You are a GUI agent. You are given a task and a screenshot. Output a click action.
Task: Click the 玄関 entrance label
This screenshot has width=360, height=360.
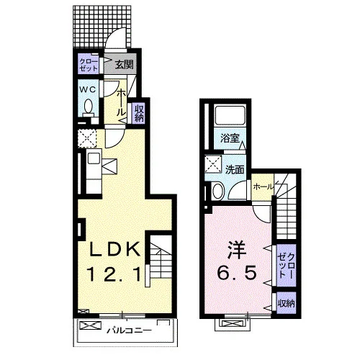124,65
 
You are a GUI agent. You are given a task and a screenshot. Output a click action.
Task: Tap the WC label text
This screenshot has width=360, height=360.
88,90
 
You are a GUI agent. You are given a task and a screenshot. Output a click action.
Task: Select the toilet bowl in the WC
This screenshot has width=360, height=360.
88,106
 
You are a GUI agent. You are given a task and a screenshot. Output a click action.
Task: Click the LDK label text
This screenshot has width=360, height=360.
114,249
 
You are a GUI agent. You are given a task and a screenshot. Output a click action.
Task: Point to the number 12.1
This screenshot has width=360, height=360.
114,274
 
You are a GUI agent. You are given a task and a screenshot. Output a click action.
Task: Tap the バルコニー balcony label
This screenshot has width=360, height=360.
130,331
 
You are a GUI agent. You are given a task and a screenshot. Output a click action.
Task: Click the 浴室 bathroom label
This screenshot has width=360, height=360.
230,138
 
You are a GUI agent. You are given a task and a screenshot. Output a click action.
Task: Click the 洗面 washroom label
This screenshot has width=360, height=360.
235,170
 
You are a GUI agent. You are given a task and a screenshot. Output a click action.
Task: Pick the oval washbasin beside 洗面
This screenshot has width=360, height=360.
218,191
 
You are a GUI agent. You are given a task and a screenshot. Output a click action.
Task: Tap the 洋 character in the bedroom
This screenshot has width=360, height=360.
237,250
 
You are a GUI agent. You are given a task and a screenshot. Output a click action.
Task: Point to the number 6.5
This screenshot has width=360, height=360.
237,273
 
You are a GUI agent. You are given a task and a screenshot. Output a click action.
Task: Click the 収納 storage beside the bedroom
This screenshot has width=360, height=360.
287,303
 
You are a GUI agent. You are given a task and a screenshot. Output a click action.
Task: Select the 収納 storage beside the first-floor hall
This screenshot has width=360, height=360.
140,113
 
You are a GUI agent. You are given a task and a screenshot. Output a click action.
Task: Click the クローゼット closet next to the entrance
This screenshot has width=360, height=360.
89,64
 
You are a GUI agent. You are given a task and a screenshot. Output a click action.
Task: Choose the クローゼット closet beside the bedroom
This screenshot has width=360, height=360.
286,265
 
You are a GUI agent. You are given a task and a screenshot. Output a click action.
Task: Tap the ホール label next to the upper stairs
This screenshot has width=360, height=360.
264,186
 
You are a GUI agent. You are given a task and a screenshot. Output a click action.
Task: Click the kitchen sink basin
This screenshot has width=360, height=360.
93,158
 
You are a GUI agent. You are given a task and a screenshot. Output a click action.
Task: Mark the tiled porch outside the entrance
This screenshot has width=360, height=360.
102,27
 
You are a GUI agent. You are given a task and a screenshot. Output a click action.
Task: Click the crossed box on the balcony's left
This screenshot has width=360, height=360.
90,325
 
